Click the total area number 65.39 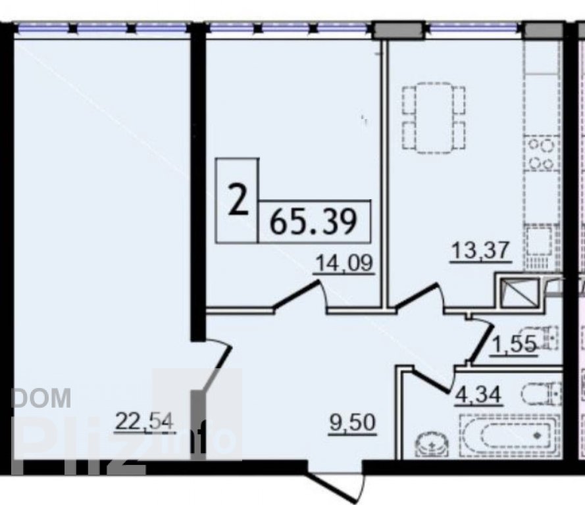pyautogui.click(x=313, y=222)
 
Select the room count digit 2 pyautogui.click(x=238, y=201)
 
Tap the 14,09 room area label pyautogui.click(x=344, y=264)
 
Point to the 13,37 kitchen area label pyautogui.click(x=480, y=251)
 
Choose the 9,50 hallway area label pyautogui.click(x=353, y=423)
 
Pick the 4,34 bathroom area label pyautogui.click(x=478, y=395)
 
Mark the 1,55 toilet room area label pyautogui.click(x=514, y=345)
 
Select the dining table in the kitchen pyautogui.click(x=434, y=118)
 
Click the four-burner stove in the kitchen pyautogui.click(x=542, y=154)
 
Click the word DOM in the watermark pyautogui.click(x=41, y=397)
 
